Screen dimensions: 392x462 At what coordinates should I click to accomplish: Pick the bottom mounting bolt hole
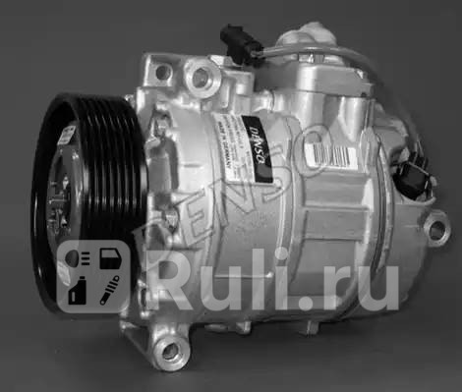(x=171, y=350)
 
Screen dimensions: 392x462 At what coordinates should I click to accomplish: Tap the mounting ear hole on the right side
(x=433, y=232)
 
